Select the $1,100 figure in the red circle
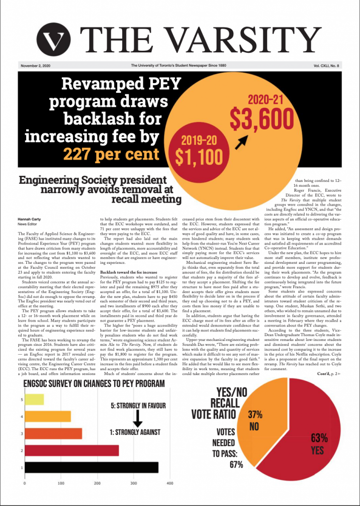coord(198,156)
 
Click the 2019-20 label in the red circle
coord(198,139)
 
